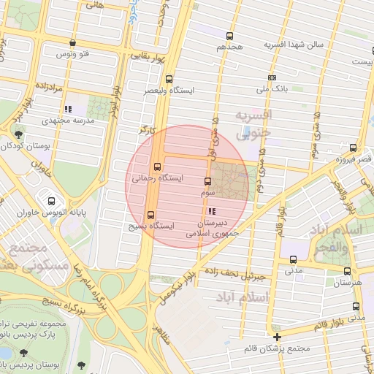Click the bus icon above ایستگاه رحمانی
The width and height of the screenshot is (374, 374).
point(157,166)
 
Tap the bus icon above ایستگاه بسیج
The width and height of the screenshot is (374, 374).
point(151,215)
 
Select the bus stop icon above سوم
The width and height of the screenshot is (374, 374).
point(207,181)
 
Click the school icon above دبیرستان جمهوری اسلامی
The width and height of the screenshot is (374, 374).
point(212,212)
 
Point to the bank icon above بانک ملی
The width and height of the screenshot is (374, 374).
point(272,77)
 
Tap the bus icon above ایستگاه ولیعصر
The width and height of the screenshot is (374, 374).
point(169,79)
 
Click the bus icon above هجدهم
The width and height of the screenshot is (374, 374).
point(230,36)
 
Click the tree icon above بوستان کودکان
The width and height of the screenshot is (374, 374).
point(18,134)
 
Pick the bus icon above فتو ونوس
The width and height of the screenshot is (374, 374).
point(71,43)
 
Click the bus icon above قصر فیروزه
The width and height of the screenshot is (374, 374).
point(354,147)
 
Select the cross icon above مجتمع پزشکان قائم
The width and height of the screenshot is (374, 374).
point(277,337)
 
